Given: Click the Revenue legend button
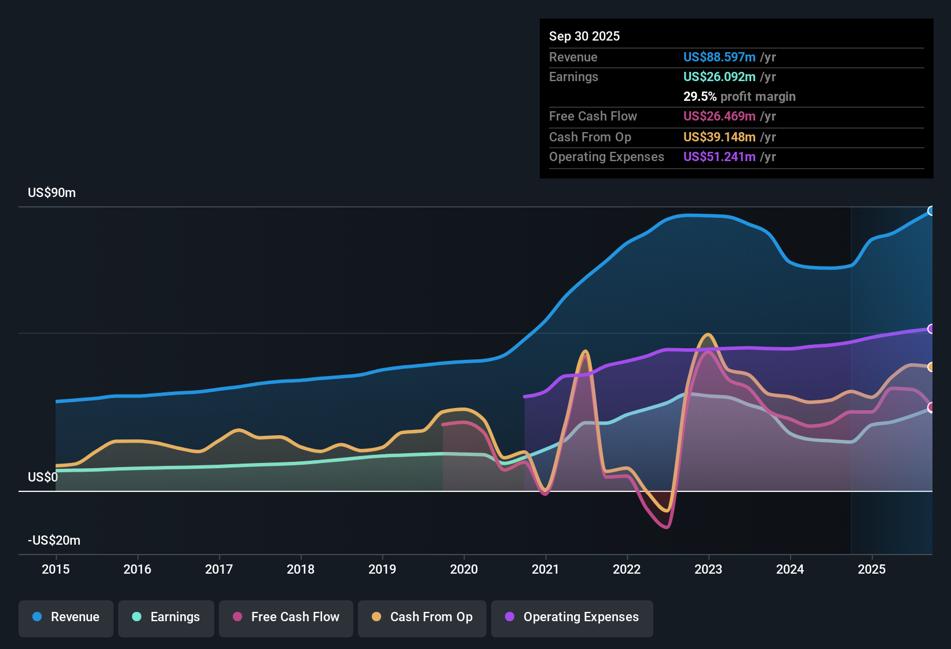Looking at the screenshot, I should [66, 617].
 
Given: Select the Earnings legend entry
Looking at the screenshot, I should [166, 617].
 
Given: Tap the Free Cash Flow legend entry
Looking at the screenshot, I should [286, 617].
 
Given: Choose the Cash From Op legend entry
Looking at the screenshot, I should [422, 617].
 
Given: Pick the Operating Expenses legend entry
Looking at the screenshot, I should [572, 617].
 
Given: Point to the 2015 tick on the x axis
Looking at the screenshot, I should [56, 569].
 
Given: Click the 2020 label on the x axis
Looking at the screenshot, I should [464, 569].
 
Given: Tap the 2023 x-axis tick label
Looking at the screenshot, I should [708, 569].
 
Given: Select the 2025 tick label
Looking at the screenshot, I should [872, 569].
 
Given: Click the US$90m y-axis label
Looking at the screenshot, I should [52, 193].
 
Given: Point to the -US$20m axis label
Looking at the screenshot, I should [54, 541].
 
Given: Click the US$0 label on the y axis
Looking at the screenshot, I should [43, 477].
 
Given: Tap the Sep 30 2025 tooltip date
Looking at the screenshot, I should [584, 37].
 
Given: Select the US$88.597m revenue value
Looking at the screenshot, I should [719, 57].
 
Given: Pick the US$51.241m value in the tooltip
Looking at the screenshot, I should [719, 157].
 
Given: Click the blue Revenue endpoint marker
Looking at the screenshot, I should [931, 211].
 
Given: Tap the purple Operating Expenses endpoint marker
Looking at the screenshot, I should [931, 329].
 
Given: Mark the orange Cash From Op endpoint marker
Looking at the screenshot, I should [931, 367].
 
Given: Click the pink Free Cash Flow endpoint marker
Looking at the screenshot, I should [931, 407].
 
